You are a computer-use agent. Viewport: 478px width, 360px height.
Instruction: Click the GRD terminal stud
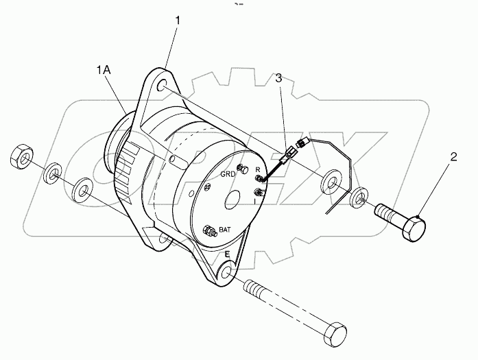[x=240, y=169]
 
